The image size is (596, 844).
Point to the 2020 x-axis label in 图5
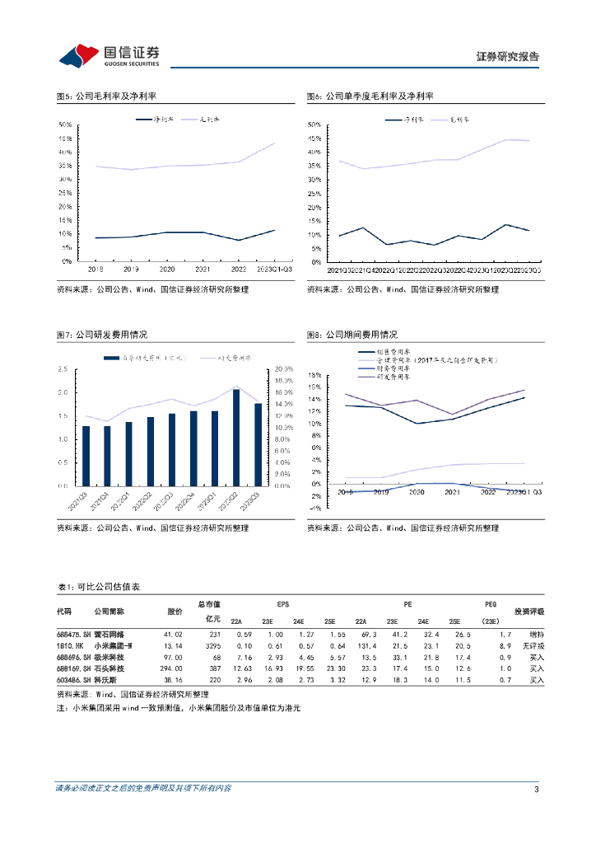(167, 270)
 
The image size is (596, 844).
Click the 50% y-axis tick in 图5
(63, 124)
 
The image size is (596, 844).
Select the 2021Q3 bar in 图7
(86, 456)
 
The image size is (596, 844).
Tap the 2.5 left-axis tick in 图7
(63, 368)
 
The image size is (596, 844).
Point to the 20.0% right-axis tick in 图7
(284, 368)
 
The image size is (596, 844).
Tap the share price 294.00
(171, 669)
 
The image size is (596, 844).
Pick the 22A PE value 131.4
(364, 645)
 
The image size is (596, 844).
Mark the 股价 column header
(175, 612)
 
